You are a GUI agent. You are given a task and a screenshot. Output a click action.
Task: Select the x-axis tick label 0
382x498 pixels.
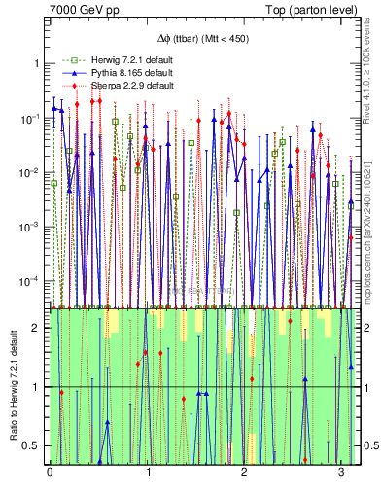click(50, 473)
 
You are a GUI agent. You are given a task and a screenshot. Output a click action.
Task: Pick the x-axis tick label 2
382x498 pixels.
click(243, 473)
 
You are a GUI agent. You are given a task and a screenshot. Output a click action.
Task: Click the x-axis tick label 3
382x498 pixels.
click(340, 473)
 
